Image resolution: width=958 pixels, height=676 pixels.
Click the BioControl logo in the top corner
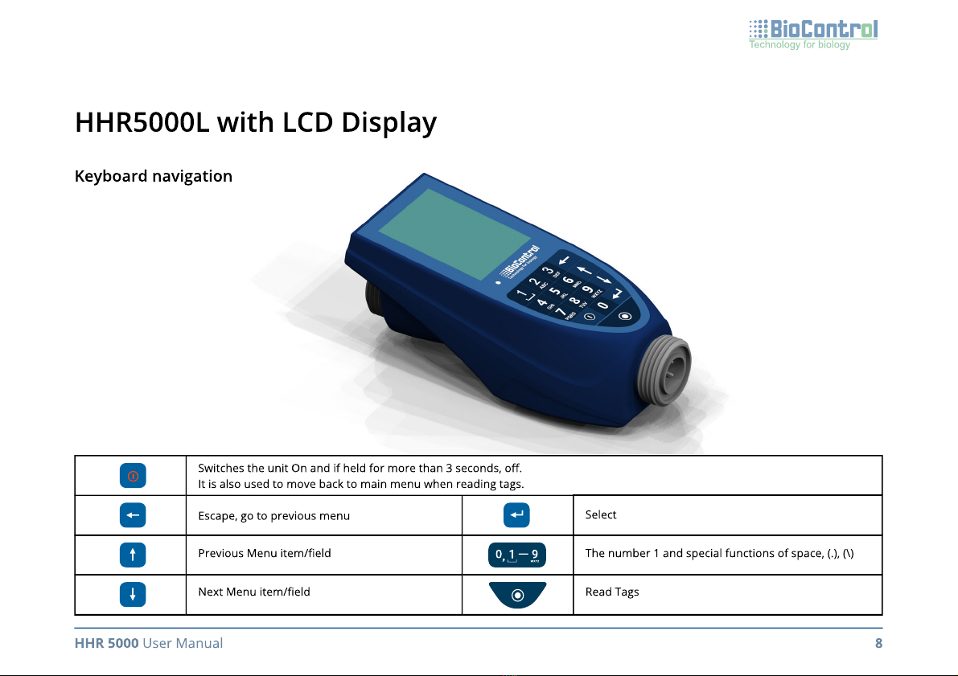[813, 35]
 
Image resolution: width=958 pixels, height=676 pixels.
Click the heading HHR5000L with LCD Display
[255, 122]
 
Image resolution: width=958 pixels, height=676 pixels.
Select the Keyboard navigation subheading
[154, 176]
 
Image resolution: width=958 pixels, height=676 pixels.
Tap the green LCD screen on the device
[454, 234]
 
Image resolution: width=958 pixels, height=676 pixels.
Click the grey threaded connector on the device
[664, 370]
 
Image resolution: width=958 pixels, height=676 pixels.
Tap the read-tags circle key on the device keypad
[624, 317]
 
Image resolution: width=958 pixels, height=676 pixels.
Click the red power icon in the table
[133, 476]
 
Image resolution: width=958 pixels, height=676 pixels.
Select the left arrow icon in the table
[133, 514]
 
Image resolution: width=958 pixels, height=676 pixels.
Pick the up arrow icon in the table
[133, 555]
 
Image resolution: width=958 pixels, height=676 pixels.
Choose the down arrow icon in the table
[133, 594]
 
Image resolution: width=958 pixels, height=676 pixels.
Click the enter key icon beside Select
[517, 514]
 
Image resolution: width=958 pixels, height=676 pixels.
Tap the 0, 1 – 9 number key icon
[517, 555]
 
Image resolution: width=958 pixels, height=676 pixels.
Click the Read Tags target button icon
[517, 595]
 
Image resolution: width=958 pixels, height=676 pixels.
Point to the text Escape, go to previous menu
[273, 516]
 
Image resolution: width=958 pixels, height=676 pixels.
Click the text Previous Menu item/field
[265, 553]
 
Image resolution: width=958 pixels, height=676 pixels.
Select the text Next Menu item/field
[254, 592]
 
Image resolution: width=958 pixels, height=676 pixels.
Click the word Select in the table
[601, 514]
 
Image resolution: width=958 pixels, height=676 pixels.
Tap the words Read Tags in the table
[612, 592]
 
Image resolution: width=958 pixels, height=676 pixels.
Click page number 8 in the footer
[878, 643]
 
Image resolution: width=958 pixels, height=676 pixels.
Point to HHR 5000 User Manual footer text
[149, 643]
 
